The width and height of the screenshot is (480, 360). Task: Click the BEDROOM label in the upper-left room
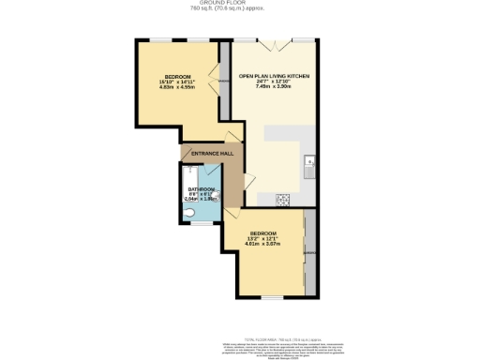178,75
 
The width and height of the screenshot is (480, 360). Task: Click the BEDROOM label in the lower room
262,232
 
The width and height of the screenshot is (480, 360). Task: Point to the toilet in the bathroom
188,214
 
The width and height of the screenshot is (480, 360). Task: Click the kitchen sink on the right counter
309,165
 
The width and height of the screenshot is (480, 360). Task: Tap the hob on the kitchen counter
283,199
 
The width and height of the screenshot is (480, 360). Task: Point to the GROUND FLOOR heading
240,4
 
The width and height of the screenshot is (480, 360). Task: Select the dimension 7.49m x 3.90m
274,88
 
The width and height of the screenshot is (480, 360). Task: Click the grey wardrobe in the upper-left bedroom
223,82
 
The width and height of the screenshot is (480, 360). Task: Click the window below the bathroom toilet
191,226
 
